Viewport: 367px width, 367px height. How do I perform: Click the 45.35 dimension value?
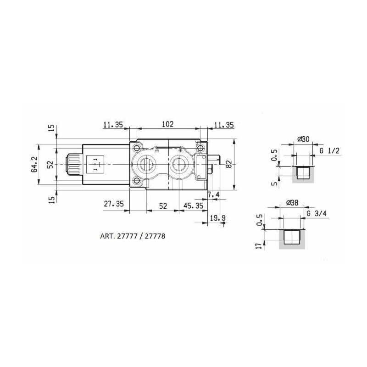pos(193,206)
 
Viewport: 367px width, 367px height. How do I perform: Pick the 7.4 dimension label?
pos(214,195)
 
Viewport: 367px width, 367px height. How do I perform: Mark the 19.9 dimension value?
pos(217,218)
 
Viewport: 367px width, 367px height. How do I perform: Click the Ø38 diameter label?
pos(292,203)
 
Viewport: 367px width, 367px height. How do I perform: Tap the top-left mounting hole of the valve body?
pos(136,148)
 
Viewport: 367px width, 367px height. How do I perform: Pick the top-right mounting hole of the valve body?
pos(200,148)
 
